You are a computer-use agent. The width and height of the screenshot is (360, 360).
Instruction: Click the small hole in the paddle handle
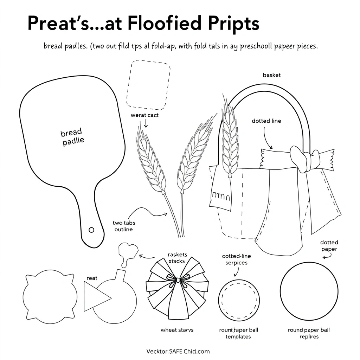(x=92, y=230)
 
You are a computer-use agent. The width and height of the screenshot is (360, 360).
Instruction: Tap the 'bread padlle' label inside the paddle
(x=72, y=137)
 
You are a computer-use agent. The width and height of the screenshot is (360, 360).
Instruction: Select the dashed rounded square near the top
(x=148, y=84)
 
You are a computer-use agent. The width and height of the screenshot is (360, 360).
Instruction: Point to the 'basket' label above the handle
(x=272, y=75)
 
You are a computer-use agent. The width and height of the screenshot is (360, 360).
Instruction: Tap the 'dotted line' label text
(x=266, y=121)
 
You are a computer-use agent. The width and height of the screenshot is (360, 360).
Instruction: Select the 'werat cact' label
(x=144, y=115)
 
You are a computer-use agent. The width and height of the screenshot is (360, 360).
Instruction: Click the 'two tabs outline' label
(x=124, y=226)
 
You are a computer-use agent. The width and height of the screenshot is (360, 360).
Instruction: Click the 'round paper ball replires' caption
(x=309, y=333)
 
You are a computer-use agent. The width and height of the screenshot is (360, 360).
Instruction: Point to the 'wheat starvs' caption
(x=177, y=330)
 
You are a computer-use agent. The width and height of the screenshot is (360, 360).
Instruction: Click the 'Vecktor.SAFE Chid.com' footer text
(x=178, y=351)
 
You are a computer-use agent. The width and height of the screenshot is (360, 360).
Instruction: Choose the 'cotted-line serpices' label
(x=236, y=259)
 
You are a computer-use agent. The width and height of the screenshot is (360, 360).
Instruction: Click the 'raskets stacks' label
(x=178, y=258)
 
